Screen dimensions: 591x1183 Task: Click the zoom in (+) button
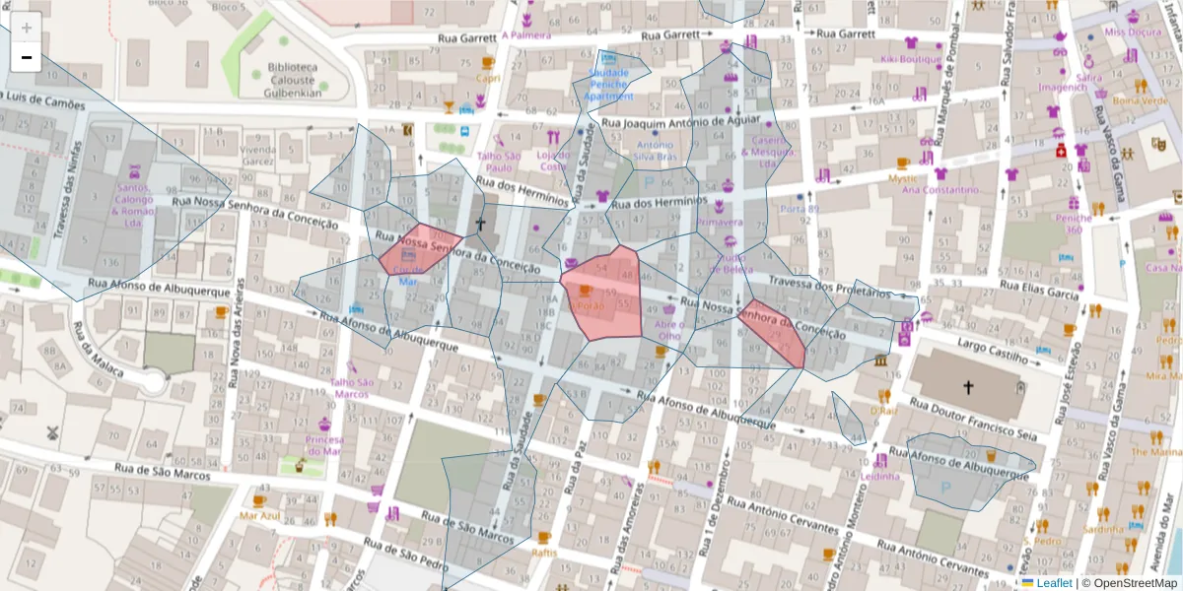tap(27, 28)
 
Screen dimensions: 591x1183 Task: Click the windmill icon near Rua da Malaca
tap(53, 431)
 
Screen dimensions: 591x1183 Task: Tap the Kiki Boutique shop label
tap(912, 58)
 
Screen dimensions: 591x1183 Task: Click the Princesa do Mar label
tap(324, 444)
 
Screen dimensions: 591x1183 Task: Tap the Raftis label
tap(543, 552)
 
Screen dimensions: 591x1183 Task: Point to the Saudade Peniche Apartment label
tap(608, 85)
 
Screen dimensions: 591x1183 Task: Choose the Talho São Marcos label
tap(350, 388)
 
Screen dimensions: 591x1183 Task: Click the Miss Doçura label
tap(1129, 32)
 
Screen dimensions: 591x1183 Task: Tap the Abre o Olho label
tap(668, 330)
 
